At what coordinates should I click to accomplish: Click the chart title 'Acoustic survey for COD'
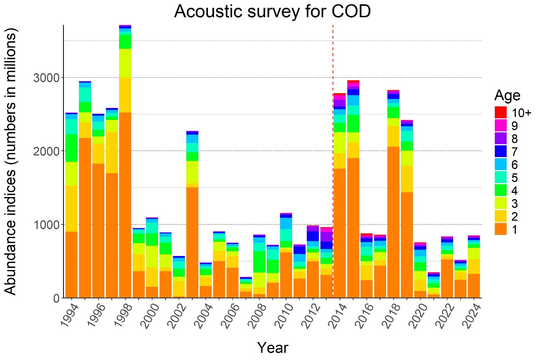272,12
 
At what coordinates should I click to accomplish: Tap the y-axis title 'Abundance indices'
11,162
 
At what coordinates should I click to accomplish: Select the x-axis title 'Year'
273,348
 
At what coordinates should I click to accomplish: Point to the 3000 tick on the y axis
46,78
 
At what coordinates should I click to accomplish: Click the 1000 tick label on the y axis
46,225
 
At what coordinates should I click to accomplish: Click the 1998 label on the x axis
121,315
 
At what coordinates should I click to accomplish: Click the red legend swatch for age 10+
501,113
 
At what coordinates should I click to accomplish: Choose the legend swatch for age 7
501,152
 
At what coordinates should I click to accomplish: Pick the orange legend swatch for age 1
501,229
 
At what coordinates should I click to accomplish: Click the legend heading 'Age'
507,95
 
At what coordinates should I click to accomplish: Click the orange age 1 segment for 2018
394,222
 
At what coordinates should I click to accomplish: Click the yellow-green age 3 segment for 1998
125,63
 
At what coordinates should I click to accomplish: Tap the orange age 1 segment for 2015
353,228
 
